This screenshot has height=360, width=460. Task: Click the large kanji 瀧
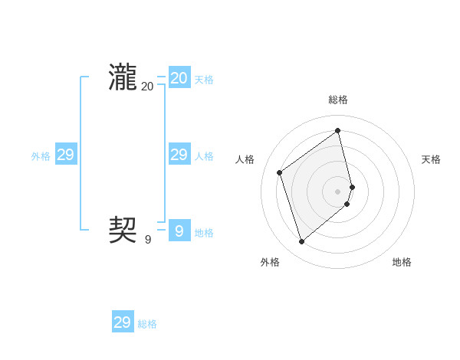pos(123,78)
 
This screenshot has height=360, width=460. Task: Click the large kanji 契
pos(123,229)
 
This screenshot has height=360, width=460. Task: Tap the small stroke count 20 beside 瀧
pos(147,87)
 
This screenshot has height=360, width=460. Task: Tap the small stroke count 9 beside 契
pos(148,239)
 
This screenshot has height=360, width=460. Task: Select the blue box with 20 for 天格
pos(179,78)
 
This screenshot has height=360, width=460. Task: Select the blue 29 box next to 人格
pos(179,155)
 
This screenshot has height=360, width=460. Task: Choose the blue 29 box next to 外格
pos(66,155)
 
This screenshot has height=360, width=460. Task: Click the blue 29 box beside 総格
pos(123,322)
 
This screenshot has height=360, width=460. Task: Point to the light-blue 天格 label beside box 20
pos(204,80)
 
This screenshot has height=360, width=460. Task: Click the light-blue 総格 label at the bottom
pos(147,324)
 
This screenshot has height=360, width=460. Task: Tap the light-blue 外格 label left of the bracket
pos(41,156)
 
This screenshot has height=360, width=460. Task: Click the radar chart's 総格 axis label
pos(338,100)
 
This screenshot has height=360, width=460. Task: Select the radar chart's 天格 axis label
pos(432,159)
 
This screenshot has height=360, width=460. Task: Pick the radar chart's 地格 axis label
pos(402,262)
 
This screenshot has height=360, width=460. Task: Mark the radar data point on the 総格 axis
pos(338,131)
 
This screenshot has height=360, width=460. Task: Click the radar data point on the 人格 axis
pos(280,172)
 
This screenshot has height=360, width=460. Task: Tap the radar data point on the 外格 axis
pos(302,242)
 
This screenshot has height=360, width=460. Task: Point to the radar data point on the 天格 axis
pos(352,187)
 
